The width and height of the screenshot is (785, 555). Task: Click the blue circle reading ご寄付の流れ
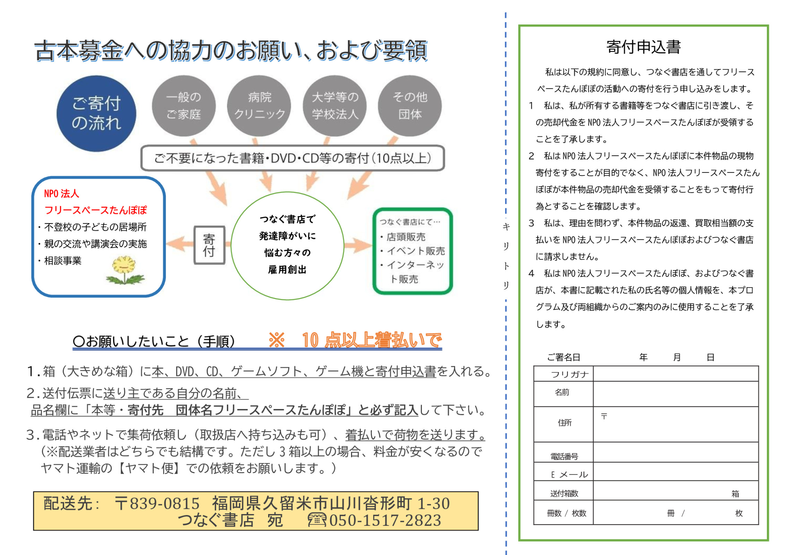(x=96, y=113)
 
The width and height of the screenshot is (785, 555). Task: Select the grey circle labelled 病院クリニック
(x=259, y=105)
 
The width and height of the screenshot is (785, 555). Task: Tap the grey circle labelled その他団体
(x=410, y=105)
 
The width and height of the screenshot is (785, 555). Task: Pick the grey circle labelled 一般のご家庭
(x=184, y=105)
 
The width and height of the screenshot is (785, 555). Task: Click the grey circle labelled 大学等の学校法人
(x=335, y=105)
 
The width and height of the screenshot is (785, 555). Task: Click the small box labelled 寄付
(x=209, y=245)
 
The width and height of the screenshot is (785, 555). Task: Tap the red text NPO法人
(x=61, y=194)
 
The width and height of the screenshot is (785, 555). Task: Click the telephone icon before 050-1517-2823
(x=317, y=520)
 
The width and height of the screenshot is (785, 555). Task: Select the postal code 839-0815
(x=164, y=503)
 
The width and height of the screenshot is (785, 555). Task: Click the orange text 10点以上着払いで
(x=372, y=340)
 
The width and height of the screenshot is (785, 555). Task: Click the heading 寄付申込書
(x=643, y=47)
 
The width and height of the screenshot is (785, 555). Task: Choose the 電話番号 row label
(x=564, y=456)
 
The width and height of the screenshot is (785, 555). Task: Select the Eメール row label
(x=569, y=475)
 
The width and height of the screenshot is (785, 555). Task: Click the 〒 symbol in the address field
(x=604, y=416)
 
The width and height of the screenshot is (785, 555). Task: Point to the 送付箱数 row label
(x=564, y=493)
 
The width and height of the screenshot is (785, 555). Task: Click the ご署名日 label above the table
(x=564, y=357)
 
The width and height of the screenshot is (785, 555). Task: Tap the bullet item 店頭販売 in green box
(x=406, y=237)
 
